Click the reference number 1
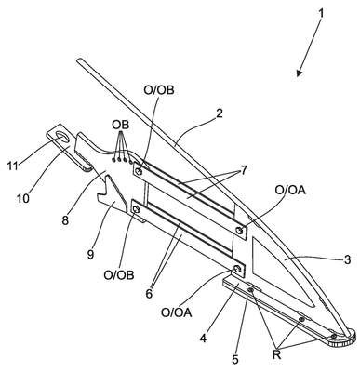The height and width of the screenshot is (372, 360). [321, 14]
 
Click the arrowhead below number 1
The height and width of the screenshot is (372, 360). [300, 72]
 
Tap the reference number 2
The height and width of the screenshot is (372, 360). [219, 113]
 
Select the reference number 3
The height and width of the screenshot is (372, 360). [347, 259]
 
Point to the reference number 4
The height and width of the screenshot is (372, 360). [203, 338]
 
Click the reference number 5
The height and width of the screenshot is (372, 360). [235, 360]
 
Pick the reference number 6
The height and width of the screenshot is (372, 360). [149, 293]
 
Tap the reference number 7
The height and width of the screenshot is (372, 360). [244, 170]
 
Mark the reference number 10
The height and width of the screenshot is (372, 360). [23, 197]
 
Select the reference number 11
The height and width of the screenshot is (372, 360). [13, 166]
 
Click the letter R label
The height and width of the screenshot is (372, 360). [276, 354]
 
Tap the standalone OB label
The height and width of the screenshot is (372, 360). [121, 125]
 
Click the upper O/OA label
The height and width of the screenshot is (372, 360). [290, 191]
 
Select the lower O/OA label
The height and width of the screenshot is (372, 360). [177, 312]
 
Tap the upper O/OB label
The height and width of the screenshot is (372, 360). [159, 90]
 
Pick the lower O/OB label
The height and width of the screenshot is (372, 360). [119, 275]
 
